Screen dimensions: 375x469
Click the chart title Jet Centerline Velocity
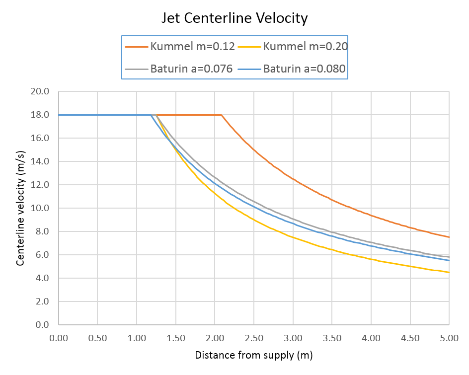(234, 19)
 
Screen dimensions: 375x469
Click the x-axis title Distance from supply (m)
(254, 355)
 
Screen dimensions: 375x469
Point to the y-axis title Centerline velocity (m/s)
(20, 209)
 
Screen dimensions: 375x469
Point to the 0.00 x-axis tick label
(59, 338)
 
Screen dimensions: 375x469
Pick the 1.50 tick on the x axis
(176, 338)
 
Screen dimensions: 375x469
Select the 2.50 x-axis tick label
(254, 338)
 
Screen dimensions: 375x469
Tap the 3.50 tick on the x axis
(332, 338)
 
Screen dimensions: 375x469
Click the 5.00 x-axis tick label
(449, 338)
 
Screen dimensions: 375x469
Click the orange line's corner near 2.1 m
(222, 115)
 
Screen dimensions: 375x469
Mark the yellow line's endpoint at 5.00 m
(449, 272)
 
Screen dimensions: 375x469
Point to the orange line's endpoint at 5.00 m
(449, 237)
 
